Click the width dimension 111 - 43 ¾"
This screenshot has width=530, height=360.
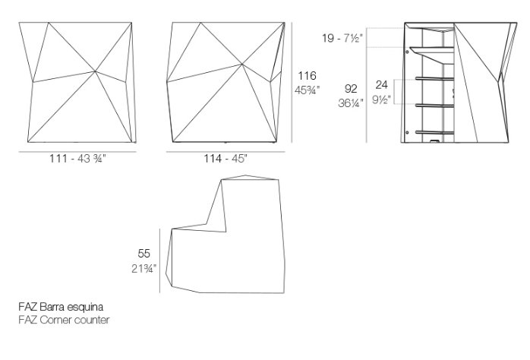77,159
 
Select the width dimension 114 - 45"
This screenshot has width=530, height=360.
226,159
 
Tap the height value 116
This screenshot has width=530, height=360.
307,76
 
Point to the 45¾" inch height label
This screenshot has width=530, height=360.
307,90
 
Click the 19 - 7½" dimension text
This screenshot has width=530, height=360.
342,38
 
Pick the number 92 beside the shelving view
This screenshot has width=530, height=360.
351,89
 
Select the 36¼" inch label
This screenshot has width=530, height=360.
351,103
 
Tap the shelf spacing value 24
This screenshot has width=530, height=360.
382,84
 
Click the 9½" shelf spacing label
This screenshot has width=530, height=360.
382,99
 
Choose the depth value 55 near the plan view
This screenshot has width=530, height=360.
144,254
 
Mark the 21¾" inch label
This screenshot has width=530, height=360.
144,269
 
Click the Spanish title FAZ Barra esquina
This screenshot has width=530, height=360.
61,307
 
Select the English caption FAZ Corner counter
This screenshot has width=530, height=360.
64,320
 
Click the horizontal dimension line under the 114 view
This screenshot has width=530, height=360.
226,152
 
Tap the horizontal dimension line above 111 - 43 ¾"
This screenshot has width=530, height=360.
77,152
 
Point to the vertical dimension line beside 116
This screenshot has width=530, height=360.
292,83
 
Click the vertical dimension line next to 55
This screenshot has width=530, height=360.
159,261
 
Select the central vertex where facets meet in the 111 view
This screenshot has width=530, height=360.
96,71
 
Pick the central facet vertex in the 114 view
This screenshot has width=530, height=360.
242,64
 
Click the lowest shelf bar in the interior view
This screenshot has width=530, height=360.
434,132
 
